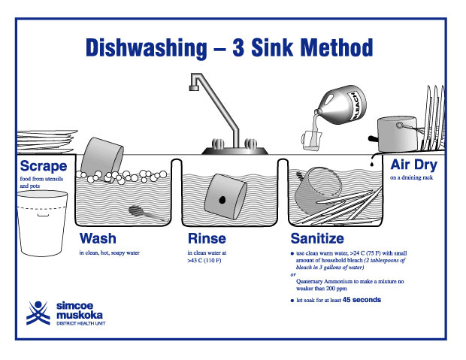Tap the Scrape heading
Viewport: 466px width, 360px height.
point(43,166)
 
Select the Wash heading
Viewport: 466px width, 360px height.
point(98,239)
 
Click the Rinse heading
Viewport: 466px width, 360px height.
point(206,239)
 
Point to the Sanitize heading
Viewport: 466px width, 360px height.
point(317,239)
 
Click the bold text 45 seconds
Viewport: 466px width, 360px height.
point(362,300)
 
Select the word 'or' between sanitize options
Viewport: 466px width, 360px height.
point(293,274)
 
